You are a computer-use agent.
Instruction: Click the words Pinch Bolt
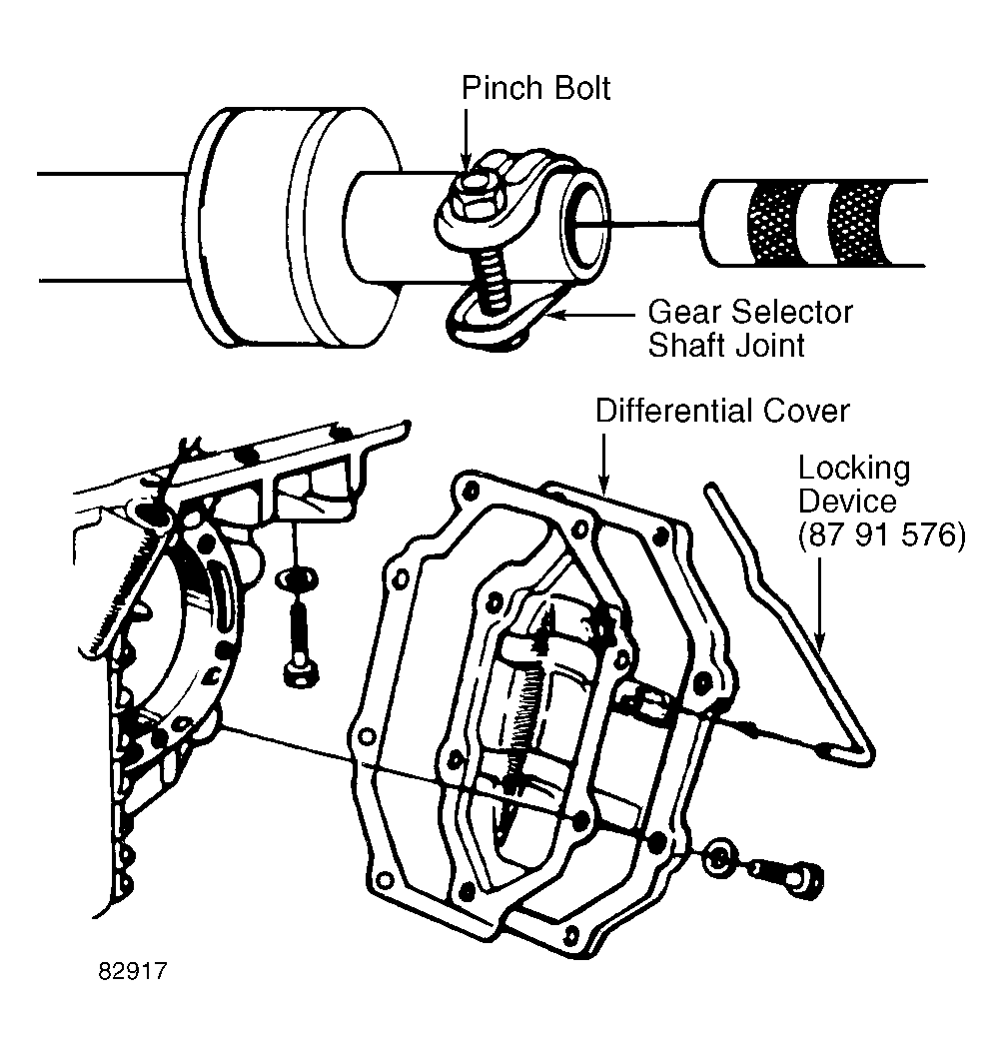point(535,88)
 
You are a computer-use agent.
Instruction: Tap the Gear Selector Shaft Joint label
point(749,329)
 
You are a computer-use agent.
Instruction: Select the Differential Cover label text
point(722,411)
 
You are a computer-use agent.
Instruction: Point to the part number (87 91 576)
point(881,534)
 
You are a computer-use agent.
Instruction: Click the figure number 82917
point(133,971)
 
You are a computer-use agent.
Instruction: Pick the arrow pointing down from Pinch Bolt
point(466,139)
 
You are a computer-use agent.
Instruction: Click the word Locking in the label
point(853,469)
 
